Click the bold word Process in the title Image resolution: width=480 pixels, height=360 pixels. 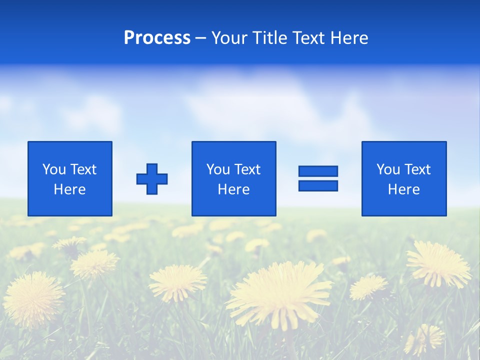(157, 38)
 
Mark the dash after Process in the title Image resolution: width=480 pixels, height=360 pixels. (201, 38)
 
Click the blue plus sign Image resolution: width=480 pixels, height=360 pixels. (152, 179)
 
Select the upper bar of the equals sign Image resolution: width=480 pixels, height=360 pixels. (318, 171)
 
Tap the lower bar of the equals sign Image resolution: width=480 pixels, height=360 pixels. (318, 186)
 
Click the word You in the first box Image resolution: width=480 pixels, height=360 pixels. (53, 169)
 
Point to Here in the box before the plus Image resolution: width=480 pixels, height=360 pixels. (70, 189)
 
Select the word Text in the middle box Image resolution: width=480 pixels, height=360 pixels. (247, 169)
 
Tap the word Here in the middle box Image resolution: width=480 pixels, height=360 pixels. (234, 189)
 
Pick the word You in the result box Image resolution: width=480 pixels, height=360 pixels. (388, 169)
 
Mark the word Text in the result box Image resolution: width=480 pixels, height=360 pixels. (417, 169)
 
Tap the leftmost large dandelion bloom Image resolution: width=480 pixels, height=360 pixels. (32, 297)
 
